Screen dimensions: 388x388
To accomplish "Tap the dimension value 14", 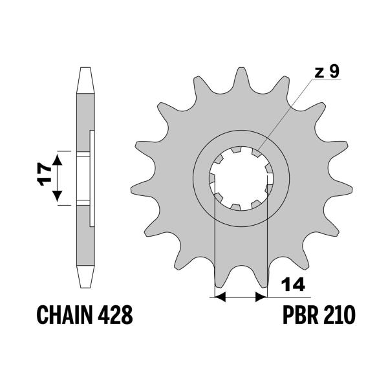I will [x=293, y=284].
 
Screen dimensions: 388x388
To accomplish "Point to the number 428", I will [x=116, y=316].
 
